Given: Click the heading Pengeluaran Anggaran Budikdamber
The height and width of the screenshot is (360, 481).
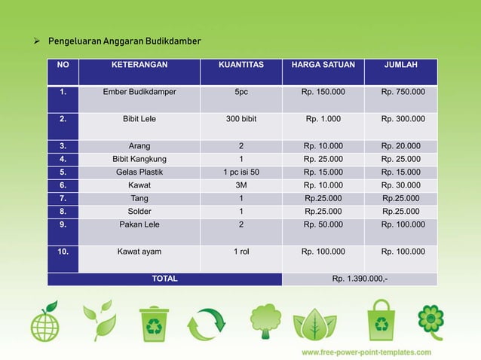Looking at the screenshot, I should click(124, 40).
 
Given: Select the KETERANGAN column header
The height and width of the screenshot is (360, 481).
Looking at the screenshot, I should click(139, 66).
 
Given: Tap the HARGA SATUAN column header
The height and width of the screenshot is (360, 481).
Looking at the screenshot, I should click(323, 66).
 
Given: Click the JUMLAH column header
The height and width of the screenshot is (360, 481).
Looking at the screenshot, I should click(400, 66).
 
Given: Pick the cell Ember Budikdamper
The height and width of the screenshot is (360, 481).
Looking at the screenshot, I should click(139, 92).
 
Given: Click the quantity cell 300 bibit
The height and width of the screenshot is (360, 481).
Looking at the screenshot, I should click(240, 119).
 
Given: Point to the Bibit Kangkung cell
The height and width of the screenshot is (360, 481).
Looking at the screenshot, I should click(139, 160).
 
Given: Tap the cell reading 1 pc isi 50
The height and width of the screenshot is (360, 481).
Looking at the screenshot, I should click(240, 172).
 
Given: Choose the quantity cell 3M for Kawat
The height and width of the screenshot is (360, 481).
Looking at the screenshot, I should click(240, 185).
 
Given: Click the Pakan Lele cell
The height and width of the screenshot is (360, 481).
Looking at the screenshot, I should click(139, 224).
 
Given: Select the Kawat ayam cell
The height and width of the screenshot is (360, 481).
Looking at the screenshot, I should click(139, 252).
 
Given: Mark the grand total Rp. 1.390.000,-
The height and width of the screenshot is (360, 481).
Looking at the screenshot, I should click(360, 279).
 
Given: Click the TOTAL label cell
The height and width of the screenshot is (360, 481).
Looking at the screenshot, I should click(165, 279).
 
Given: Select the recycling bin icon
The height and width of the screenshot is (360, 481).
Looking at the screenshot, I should click(154, 324).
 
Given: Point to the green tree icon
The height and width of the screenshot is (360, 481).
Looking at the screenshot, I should click(265, 321).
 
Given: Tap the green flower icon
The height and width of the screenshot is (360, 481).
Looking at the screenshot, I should click(430, 319).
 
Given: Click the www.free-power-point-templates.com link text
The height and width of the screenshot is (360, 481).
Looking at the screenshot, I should click(366, 352).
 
